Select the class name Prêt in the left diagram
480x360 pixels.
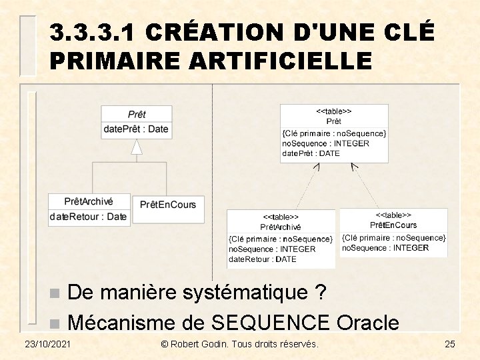pyautogui.click(x=137, y=115)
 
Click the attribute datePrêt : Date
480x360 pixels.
pyautogui.click(x=136, y=129)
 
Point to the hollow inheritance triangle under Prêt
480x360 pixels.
pyautogui.click(x=137, y=147)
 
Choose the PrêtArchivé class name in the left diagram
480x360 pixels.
pyautogui.click(x=89, y=201)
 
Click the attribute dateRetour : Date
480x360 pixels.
pyautogui.click(x=88, y=216)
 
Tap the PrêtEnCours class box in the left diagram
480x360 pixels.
pyautogui.click(x=168, y=204)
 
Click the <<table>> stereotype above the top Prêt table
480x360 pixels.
pyautogui.click(x=334, y=111)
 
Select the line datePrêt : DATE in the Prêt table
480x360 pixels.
pyautogui.click(x=311, y=153)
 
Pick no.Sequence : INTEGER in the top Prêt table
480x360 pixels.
pyautogui.click(x=325, y=143)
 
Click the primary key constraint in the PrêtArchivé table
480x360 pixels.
pyautogui.click(x=281, y=239)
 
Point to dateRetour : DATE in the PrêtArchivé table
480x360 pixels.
pyautogui.click(x=263, y=259)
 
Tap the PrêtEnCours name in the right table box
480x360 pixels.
pyautogui.click(x=393, y=225)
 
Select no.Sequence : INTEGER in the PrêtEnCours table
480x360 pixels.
pyautogui.click(x=385, y=248)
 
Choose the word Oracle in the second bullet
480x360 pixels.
pyautogui.click(x=368, y=323)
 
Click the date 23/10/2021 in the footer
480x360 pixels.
pyautogui.click(x=47, y=344)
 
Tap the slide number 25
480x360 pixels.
pyautogui.click(x=449, y=344)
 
